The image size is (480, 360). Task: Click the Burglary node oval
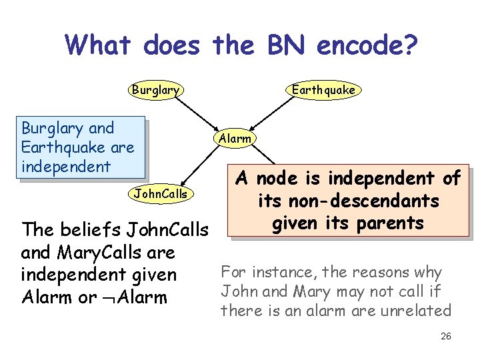[156, 90]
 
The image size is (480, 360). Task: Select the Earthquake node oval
[323, 90]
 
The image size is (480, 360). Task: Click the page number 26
[446, 337]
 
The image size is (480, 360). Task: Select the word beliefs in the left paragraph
[84, 230]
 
